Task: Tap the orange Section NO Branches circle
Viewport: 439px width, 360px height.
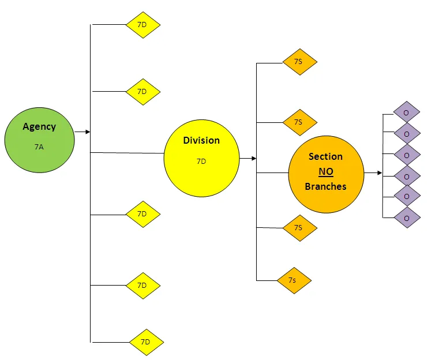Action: coord(326,172)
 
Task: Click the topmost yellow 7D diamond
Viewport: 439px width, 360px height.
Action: coord(142,25)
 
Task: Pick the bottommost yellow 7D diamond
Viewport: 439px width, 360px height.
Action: coord(146,342)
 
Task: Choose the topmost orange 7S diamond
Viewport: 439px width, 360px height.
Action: coord(299,61)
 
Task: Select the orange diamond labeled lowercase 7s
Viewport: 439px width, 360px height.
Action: coord(294,280)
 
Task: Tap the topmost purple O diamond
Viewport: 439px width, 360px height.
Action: coord(407,112)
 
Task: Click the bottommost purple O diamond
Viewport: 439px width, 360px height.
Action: coord(407,217)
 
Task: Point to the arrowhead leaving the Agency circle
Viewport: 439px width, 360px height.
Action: coord(88,132)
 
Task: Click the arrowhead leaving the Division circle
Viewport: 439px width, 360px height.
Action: coord(253,158)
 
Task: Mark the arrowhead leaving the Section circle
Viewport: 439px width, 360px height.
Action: coord(379,173)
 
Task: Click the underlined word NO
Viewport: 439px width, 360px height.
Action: coord(326,172)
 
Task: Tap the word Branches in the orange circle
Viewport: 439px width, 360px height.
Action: coord(325,186)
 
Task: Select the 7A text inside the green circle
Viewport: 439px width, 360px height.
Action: coord(39,147)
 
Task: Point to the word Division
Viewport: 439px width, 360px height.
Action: coord(201,140)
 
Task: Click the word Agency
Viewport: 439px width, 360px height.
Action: coord(39,127)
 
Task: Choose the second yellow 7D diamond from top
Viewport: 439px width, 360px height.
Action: coord(142,91)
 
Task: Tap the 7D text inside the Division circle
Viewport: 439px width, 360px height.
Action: coord(201,162)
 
